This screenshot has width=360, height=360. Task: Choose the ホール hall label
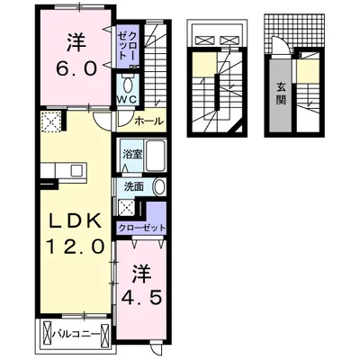148,121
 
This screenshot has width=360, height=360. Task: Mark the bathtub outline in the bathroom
155,157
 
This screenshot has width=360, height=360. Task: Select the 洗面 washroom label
132,187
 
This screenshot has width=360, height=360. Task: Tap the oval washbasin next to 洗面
158,187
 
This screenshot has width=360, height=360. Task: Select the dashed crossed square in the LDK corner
51,122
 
